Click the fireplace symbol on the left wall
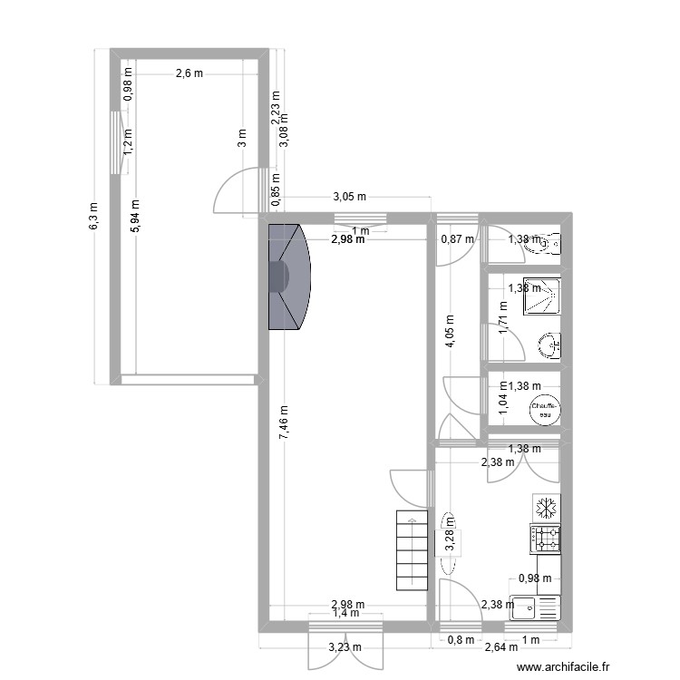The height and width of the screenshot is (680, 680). (288, 277)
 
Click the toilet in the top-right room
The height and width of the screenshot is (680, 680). (550, 243)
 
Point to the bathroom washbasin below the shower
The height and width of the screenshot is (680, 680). (549, 345)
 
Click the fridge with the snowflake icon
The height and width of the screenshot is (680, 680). (546, 506)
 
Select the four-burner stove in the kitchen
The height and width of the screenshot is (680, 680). (546, 539)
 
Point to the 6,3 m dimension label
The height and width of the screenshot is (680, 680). (93, 217)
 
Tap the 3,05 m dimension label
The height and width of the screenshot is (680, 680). (349, 197)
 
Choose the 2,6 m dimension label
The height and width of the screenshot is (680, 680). (189, 74)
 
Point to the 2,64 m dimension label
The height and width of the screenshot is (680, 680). (500, 647)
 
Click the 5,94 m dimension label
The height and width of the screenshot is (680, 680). (135, 218)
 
